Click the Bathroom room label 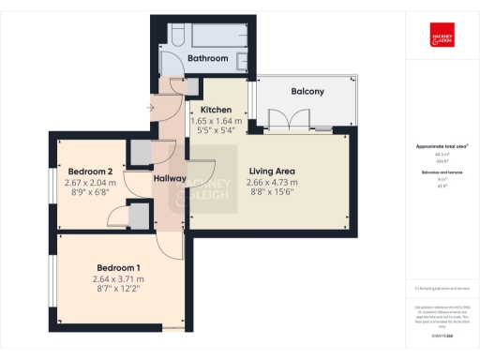(x=207, y=58)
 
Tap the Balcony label (x=307, y=91)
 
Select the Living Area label (x=272, y=172)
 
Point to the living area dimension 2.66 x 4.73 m (x=272, y=182)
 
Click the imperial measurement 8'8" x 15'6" (x=272, y=193)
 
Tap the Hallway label (x=170, y=178)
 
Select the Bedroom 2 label (x=91, y=171)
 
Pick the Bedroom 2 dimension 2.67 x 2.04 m (x=91, y=182)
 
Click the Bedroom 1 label (x=118, y=267)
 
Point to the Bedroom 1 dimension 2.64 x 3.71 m (x=118, y=279)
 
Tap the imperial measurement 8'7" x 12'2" (x=118, y=291)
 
